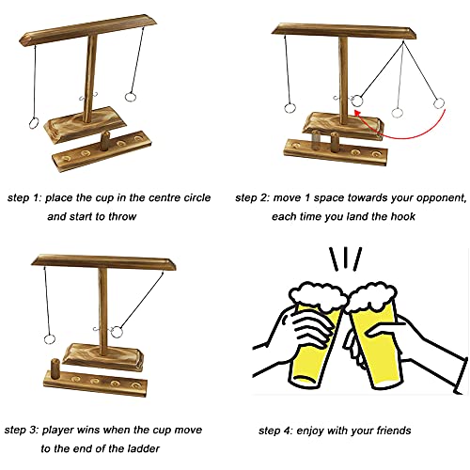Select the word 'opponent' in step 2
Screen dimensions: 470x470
(x=436, y=197)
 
